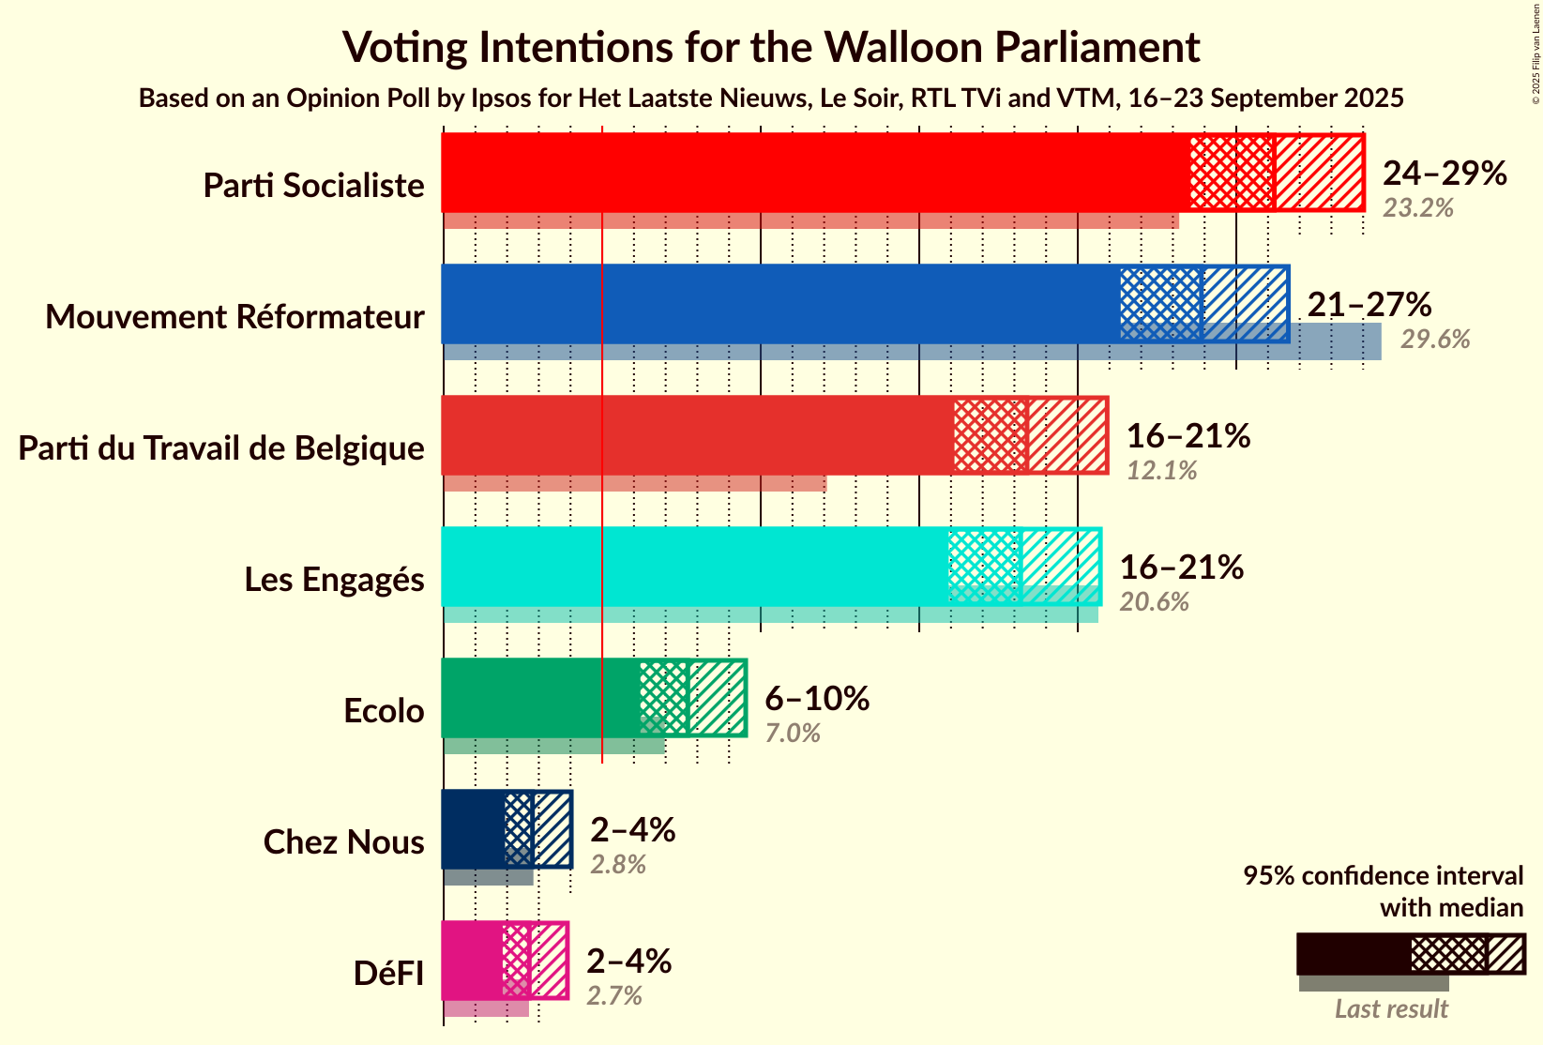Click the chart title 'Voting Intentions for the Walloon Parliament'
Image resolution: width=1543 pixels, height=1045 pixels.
(x=771, y=47)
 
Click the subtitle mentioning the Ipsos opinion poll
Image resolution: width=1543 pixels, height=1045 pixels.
(x=771, y=98)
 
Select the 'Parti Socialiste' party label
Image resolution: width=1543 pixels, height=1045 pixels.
(x=313, y=186)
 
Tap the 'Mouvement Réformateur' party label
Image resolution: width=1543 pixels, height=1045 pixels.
(x=234, y=317)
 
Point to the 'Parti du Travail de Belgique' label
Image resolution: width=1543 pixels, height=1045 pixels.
(x=221, y=448)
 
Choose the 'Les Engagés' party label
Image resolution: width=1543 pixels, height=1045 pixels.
(x=334, y=580)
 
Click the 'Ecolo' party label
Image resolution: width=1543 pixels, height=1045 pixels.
(x=384, y=711)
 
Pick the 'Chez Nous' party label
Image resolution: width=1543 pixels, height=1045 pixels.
(x=343, y=842)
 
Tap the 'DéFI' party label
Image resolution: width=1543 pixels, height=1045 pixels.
(x=388, y=974)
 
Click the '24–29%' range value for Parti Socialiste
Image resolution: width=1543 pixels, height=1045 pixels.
(x=1445, y=173)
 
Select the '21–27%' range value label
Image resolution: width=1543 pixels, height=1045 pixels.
(x=1369, y=304)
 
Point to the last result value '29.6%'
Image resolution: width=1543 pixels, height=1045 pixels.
(x=1435, y=340)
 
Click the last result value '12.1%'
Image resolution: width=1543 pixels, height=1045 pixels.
(x=1162, y=471)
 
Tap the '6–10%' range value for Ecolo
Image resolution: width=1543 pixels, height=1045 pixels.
(x=817, y=698)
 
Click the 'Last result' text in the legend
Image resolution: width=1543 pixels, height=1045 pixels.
(x=1391, y=1009)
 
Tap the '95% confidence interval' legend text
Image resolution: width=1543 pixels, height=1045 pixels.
(x=1383, y=876)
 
